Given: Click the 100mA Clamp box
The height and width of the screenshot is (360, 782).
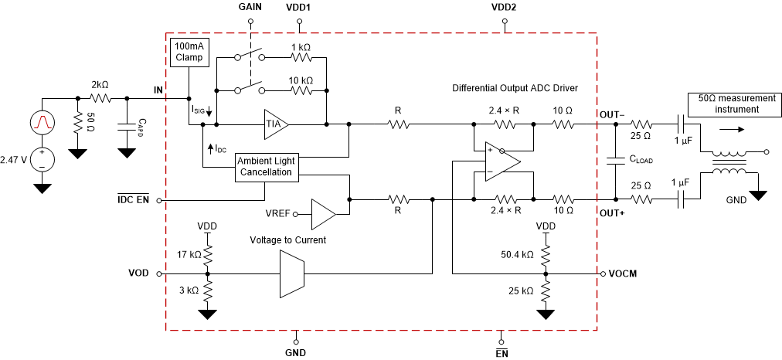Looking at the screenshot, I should pos(189,52).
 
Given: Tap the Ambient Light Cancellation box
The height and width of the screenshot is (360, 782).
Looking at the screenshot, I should pos(266,166).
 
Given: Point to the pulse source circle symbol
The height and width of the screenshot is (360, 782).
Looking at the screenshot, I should pos(42,121).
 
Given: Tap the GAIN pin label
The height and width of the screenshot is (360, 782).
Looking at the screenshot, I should pos(250,6).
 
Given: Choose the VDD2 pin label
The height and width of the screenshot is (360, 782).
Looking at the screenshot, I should pos(504,6).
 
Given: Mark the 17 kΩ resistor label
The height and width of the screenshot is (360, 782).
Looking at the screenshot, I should pos(188,253).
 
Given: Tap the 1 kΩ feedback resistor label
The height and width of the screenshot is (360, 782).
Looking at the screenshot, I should pos(301,48).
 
